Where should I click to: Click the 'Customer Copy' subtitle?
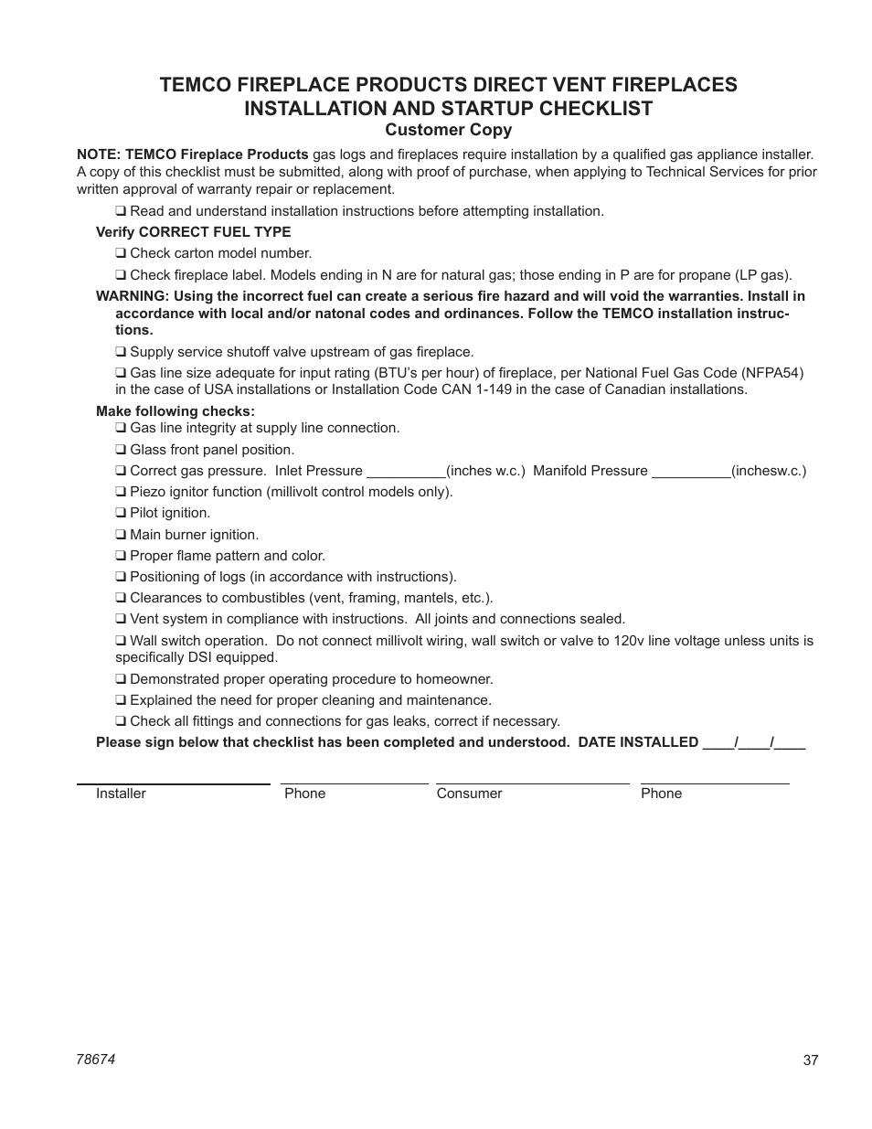point(447,130)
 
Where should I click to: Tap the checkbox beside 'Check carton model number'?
point(120,253)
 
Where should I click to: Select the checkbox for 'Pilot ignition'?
point(120,513)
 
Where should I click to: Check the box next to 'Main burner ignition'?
point(120,535)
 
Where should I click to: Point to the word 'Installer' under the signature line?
point(121,793)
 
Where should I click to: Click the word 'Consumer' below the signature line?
point(469,793)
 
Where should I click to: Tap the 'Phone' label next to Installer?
point(304,793)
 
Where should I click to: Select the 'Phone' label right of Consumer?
point(661,793)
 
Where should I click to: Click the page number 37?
point(811,1060)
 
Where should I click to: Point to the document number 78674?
point(95,1058)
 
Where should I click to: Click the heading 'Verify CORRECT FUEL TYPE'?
point(193,232)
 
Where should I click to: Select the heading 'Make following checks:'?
point(175,411)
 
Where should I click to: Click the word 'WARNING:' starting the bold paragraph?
point(133,296)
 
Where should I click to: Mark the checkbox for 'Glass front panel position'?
point(120,450)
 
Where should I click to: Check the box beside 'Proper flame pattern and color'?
point(120,556)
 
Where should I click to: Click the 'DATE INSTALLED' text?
point(638,742)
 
